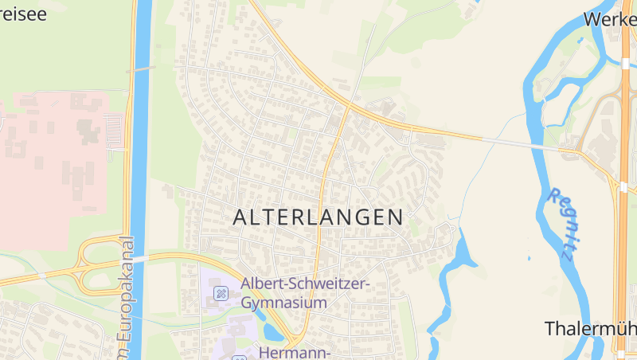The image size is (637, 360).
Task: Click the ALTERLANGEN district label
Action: [318, 217]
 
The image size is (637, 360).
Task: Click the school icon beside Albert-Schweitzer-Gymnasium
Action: [221, 294]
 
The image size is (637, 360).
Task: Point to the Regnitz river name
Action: [562, 224]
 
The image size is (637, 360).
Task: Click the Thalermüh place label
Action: [590, 328]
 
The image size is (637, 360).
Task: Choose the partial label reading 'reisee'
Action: [22, 14]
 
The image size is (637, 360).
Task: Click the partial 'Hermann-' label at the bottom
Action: [295, 351]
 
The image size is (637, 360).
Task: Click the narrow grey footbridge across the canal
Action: [140, 69]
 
